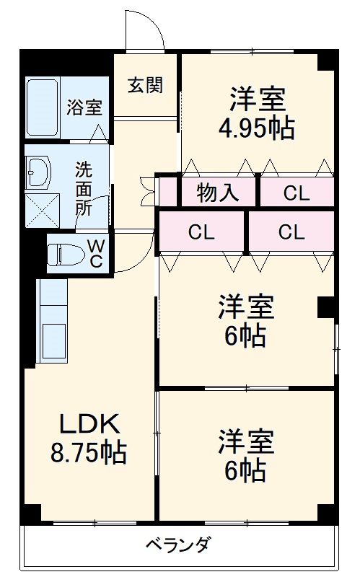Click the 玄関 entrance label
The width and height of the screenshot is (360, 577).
coord(146,85)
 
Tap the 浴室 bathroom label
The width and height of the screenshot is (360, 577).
coord(85,108)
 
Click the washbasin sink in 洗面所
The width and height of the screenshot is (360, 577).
coord(38,172)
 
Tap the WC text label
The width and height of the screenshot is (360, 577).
coord(95,254)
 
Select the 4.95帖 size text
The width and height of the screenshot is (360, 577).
coord(256,128)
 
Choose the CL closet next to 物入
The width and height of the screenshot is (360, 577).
coord(295,193)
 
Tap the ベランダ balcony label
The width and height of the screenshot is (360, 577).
coord(177,544)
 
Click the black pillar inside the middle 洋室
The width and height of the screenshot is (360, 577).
coord(327,307)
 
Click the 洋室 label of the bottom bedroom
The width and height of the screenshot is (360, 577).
coord(246,441)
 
